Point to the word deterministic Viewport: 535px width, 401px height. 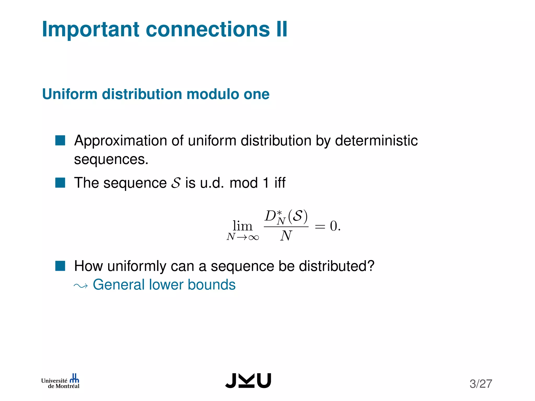pos(376,141)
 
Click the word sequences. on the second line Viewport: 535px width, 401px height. pos(111,160)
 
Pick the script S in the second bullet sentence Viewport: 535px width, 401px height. pos(176,183)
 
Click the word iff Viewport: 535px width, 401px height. pos(280,182)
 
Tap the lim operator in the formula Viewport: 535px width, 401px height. pos(242,226)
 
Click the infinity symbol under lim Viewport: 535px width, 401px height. pos(253,237)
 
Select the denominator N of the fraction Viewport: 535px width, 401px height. pos(286,236)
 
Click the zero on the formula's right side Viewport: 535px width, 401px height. pos(334,226)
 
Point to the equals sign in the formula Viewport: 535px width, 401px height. pos(320,227)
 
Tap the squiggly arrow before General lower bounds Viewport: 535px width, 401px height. pos(81,286)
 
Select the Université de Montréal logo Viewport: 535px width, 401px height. pos(60,382)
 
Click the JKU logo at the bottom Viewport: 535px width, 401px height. pos(248,381)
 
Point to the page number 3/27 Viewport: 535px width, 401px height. pos(481,384)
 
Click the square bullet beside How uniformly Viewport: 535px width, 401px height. pos(60,266)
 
